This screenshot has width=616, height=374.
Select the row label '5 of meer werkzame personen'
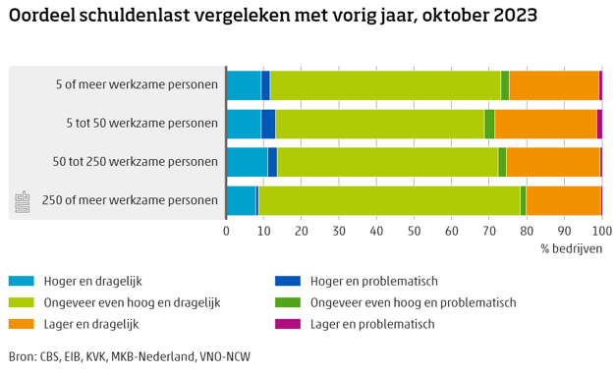[x=137, y=85]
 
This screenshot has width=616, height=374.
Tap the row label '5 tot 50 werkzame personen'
[x=141, y=124]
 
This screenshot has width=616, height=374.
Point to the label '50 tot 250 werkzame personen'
[x=136, y=162]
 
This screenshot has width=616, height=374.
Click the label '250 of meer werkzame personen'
[x=130, y=200]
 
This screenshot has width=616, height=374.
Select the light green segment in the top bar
[x=385, y=85]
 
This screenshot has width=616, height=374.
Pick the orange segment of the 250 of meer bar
[x=563, y=200]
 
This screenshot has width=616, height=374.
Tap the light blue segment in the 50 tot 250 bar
[x=247, y=162]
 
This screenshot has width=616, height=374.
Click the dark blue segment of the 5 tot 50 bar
[x=268, y=124]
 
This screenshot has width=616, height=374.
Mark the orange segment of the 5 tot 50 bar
[x=545, y=124]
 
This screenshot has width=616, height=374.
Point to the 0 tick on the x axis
[x=227, y=231]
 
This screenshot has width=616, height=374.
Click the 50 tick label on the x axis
[x=414, y=231]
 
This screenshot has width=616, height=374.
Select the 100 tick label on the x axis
[x=600, y=231]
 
